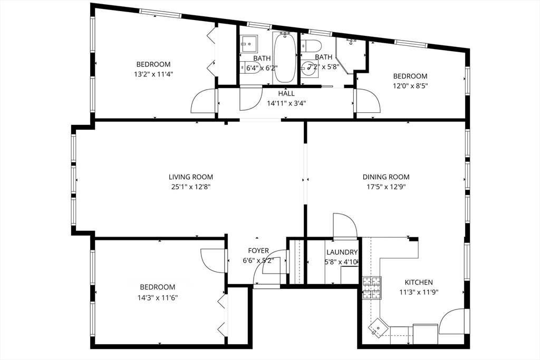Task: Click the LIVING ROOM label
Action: coord(190,177)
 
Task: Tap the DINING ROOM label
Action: coord(385,177)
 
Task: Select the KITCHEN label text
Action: coord(418,283)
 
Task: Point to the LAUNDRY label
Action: coord(342,252)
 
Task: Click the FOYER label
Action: coord(258,251)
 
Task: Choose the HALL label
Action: coord(286,93)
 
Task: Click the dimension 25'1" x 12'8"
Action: coord(190,187)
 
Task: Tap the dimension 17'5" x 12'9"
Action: coord(385,187)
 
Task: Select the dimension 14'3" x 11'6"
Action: coord(157,297)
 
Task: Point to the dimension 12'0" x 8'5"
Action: coord(410,86)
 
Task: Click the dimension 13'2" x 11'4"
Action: coord(153,74)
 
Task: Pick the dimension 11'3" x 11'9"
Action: coord(418,293)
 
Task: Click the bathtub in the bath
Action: coord(284,57)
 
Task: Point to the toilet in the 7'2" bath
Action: coord(311,45)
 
